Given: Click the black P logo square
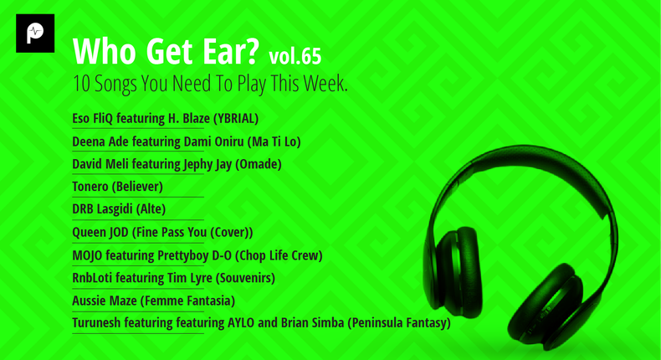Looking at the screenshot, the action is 35,33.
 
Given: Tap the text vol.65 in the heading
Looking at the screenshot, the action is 295,57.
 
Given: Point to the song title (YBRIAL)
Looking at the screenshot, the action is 236,119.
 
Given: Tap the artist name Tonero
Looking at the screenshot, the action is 90,187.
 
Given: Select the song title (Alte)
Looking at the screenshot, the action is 151,209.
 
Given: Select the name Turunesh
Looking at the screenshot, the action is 96,322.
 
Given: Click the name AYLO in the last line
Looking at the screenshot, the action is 241,322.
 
